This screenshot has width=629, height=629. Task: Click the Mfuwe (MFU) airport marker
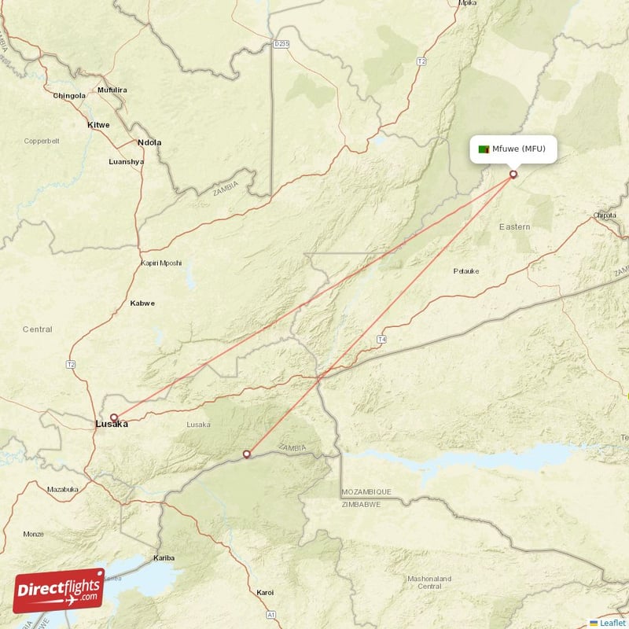coord(513,175)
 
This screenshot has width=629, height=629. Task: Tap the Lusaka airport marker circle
coord(114,417)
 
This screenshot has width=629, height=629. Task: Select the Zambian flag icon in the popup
coord(484,149)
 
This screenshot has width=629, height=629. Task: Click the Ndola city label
coord(149,142)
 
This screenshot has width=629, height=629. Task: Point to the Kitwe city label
coord(98,125)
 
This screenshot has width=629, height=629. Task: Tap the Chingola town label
coord(69,96)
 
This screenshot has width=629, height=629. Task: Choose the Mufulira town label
coord(112,90)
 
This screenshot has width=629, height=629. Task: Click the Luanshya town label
coord(126,161)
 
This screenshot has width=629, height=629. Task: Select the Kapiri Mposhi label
coord(161,263)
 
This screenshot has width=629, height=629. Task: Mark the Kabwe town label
coord(142,303)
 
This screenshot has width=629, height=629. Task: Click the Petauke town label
coord(466,271)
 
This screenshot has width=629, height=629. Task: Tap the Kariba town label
coord(164,557)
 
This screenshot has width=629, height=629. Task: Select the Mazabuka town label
coord(63,489)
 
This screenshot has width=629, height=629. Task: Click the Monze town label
coord(34,534)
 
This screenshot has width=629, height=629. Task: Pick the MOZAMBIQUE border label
coord(366,491)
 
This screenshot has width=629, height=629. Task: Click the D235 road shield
coord(281,44)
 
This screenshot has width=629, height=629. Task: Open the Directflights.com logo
coord(59,590)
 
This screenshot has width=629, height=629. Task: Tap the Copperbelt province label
coord(42,142)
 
